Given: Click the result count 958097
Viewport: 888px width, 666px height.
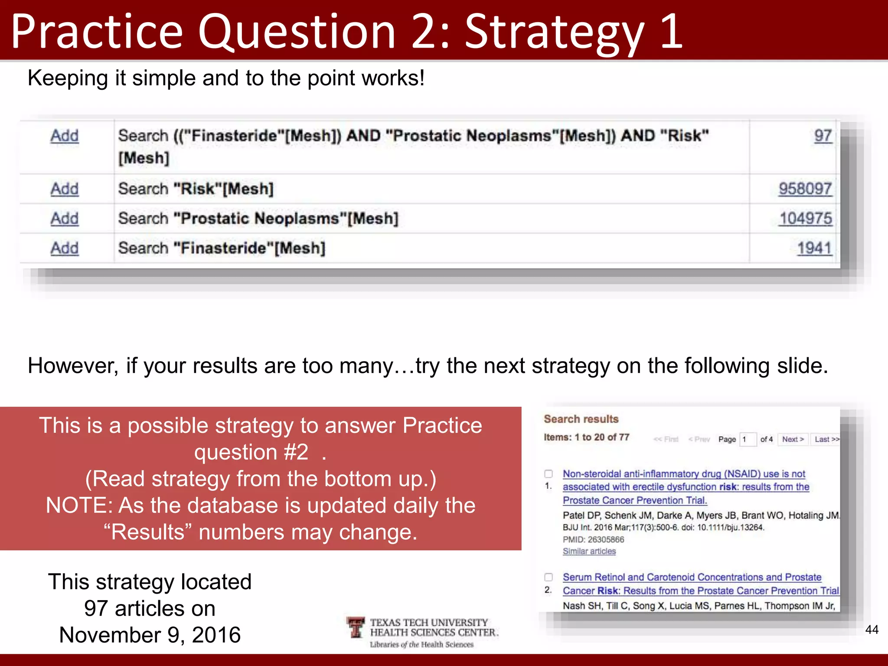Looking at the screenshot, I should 805,189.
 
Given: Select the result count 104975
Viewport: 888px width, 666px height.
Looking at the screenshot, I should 806,218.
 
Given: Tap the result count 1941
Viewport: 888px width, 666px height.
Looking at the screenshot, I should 814,248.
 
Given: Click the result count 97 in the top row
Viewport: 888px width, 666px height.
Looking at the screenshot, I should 823,136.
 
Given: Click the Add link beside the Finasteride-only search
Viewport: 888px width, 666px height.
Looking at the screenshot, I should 65,248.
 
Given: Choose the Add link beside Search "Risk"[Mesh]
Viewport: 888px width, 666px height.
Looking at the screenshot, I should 65,189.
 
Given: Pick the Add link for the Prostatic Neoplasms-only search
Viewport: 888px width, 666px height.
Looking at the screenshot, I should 65,218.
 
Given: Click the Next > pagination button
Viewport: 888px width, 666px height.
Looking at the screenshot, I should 793,439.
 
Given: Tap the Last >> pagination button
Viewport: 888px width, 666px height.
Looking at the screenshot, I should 826,439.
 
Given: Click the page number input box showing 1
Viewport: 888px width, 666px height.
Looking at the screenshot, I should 748,439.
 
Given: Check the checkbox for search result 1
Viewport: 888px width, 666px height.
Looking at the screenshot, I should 548,474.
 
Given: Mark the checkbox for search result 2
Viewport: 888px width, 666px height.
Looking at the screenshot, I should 548,577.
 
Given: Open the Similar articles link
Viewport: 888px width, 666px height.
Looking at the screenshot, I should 589,551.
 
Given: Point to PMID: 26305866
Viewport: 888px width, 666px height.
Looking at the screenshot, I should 593,539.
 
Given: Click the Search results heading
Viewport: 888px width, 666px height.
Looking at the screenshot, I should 581,419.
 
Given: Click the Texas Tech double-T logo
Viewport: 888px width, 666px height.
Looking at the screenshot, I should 356,627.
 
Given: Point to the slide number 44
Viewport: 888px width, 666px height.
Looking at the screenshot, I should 872,630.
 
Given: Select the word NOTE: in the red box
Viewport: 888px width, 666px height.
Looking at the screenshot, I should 79,506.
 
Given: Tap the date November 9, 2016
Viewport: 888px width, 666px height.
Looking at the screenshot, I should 150,635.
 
